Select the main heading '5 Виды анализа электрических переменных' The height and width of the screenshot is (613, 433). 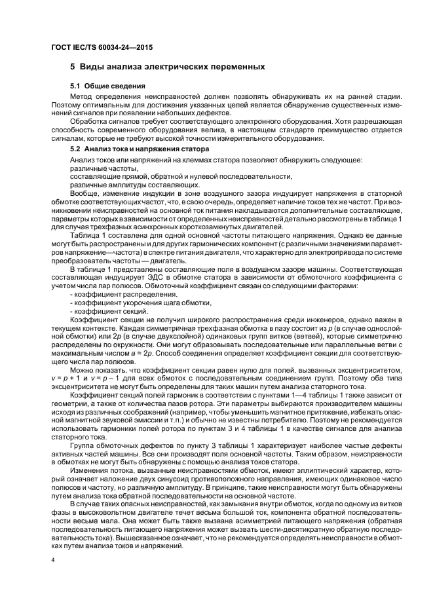point(167,67)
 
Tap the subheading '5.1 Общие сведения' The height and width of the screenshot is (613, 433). point(107,86)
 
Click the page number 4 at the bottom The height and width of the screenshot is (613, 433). point(53,560)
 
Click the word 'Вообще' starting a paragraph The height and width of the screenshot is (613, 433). point(85,193)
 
